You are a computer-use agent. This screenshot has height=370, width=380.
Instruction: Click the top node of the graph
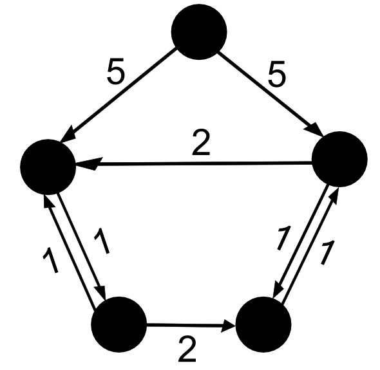[x=199, y=32]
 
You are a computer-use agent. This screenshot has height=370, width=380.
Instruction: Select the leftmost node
[x=48, y=167]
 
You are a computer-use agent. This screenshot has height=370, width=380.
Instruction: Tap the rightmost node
[x=340, y=159]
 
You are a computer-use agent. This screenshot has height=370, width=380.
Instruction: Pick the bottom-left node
[x=119, y=324]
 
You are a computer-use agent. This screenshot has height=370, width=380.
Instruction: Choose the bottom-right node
[x=263, y=324]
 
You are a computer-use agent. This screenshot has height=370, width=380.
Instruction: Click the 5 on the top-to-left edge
[x=116, y=71]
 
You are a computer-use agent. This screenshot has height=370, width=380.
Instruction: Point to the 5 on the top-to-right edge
[x=277, y=73]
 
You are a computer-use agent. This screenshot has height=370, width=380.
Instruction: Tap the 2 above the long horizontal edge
[x=201, y=142]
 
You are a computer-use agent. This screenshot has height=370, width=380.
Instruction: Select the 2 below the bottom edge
[x=187, y=349]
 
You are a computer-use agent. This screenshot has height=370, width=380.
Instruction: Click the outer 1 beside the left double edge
[x=50, y=260]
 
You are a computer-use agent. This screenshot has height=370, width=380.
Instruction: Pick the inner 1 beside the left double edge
[x=102, y=241]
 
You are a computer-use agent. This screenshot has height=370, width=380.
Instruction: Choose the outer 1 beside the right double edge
[x=328, y=252]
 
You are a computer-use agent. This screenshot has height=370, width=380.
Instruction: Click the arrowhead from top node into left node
[x=68, y=134]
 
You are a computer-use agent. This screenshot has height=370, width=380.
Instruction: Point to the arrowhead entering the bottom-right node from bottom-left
[x=228, y=326]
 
